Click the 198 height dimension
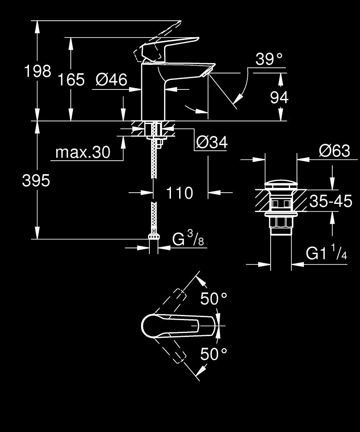[x=38, y=71]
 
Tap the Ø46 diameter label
[x=112, y=79]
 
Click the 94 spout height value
[x=279, y=98]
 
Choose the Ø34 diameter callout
[x=212, y=143]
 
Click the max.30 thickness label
[x=83, y=152]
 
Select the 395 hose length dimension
[x=36, y=181]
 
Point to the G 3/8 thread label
[x=188, y=239]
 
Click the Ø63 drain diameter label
[x=334, y=151]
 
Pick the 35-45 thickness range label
[x=331, y=201]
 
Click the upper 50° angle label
[x=214, y=298]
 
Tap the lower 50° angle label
[x=214, y=355]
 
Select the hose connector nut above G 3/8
[x=153, y=236]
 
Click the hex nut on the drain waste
[x=280, y=223]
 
